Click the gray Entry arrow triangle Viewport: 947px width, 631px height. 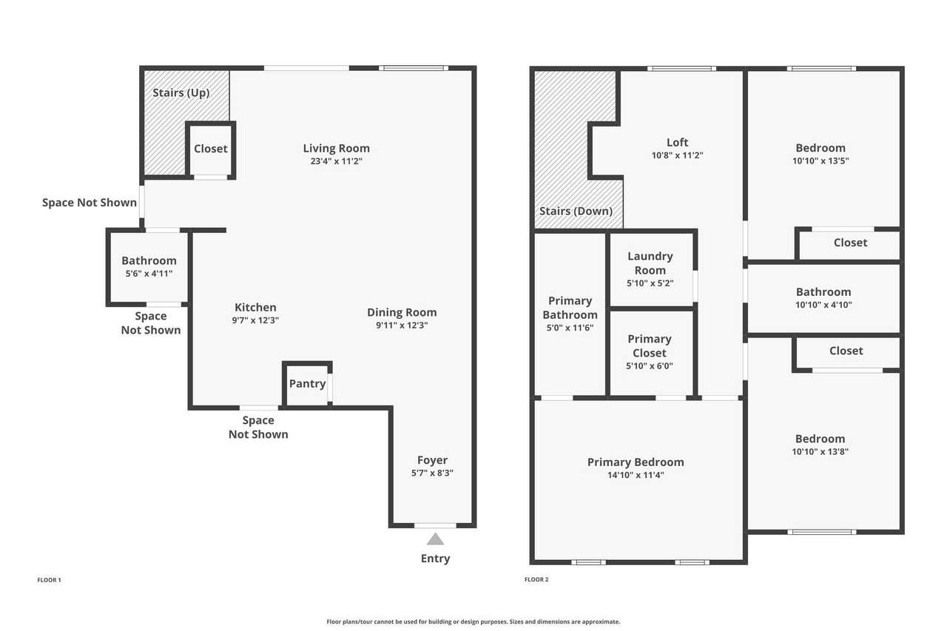(435, 539)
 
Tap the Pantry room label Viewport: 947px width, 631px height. (307, 384)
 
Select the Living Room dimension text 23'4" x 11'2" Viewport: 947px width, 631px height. (337, 161)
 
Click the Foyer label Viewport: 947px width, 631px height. (432, 460)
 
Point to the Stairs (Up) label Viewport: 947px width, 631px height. (181, 93)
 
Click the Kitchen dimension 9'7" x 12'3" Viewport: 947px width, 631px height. (255, 320)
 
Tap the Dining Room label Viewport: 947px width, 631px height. (402, 312)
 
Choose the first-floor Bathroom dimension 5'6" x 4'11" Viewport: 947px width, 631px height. (149, 274)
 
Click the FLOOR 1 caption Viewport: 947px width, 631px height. (49, 580)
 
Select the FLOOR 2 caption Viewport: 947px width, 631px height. (536, 579)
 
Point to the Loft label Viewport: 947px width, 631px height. (677, 143)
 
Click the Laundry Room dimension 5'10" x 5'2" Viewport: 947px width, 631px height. (650, 283)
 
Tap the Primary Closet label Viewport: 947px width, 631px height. (650, 345)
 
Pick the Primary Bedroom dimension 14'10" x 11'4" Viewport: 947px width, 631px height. (636, 475)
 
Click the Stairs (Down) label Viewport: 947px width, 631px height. (576, 211)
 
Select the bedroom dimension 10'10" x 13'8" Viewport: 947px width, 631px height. (820, 451)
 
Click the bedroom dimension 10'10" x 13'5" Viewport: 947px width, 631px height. (820, 161)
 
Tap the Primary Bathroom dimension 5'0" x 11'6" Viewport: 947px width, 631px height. (570, 328)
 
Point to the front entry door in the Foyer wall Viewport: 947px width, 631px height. (435, 525)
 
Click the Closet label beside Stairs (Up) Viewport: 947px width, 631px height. (211, 149)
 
